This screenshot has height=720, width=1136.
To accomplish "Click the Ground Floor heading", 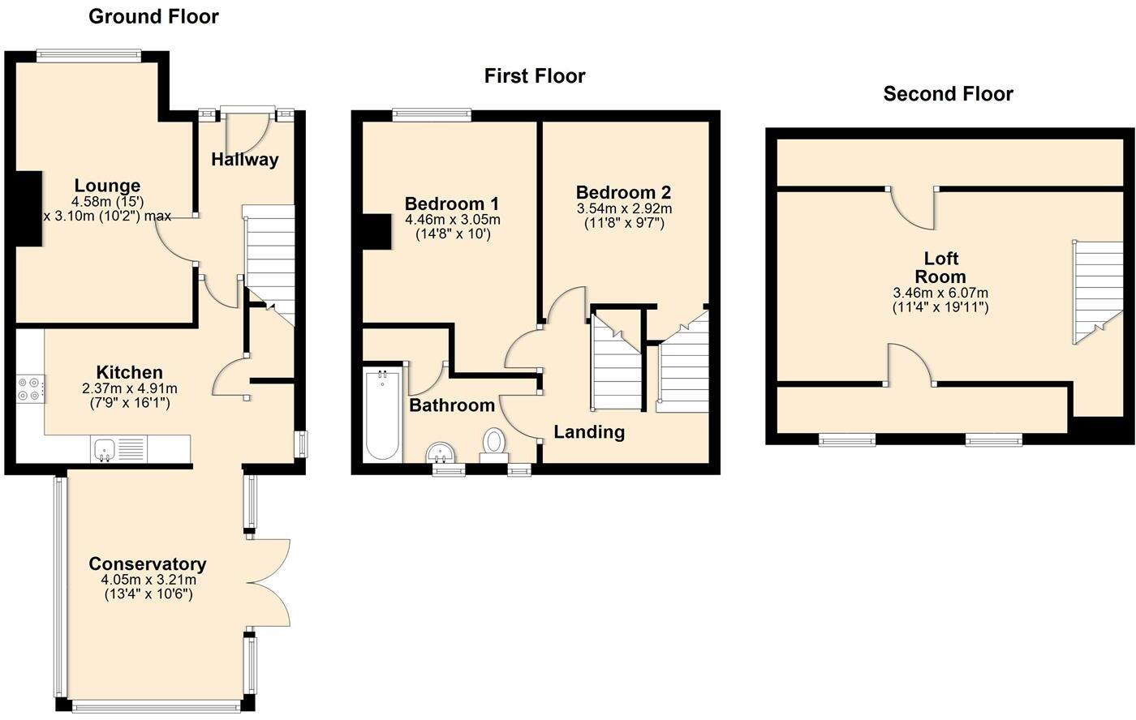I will [153, 16].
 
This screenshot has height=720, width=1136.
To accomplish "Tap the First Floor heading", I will [534, 76].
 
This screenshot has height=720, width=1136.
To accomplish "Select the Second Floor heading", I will [948, 94].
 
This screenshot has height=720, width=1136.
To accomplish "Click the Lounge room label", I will [107, 186].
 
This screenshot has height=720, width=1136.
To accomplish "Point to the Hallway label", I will [244, 160].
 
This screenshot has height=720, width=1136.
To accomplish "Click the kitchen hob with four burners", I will [31, 389].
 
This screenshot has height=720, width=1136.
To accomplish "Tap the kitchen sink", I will [105, 448].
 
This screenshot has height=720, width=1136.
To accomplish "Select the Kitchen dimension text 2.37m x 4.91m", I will [130, 388].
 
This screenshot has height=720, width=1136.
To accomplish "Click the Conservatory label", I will [147, 564].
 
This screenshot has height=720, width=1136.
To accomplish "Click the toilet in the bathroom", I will [493, 444].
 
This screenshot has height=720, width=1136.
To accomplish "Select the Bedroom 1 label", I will [452, 204].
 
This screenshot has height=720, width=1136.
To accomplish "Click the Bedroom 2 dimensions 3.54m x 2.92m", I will [623, 208].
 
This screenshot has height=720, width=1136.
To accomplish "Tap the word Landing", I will [588, 432].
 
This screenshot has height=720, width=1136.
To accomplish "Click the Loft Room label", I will [940, 268].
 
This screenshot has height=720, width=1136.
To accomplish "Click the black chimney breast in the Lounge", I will [29, 208].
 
